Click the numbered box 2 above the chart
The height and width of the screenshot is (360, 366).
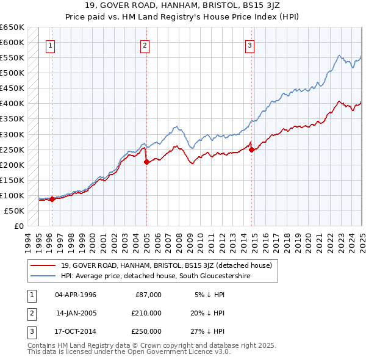coord(145,45)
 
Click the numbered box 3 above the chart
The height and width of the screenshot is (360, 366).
coord(250,45)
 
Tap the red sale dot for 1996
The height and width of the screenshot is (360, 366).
coord(52,199)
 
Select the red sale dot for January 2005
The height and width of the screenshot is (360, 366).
coord(146,162)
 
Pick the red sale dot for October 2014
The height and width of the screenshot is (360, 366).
coord(252,149)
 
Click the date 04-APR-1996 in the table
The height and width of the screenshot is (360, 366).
coord(76,295)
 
